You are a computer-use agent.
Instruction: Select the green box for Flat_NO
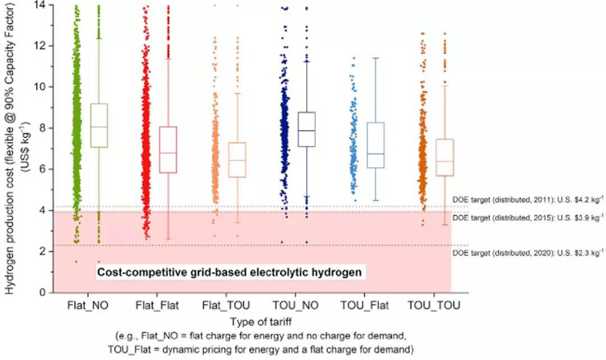pos(98,125)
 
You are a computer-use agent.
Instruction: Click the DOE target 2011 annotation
pos(527,199)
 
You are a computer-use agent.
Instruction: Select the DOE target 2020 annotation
pos(527,253)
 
